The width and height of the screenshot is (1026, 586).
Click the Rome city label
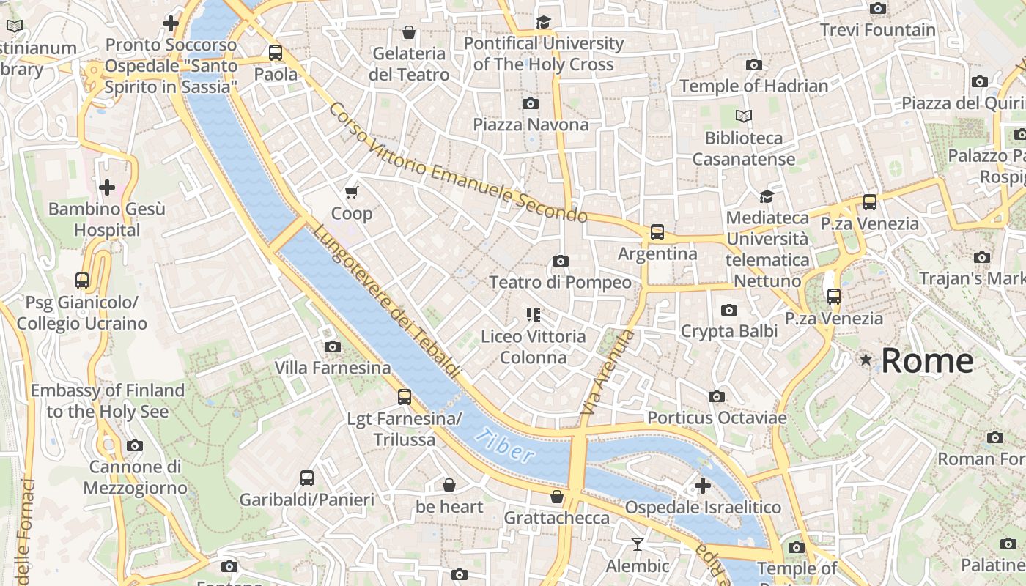(927, 360)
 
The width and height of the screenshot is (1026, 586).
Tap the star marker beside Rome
(866, 360)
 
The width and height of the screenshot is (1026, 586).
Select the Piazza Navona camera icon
(531, 103)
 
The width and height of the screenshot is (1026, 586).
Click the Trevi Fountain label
(877, 30)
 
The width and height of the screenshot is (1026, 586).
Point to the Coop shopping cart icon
(352, 192)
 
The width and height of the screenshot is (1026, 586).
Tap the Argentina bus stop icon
(657, 232)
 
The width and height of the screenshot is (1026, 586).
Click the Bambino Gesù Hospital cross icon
(107, 188)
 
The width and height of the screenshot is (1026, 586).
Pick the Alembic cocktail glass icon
(637, 544)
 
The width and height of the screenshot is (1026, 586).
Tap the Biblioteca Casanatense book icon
(744, 116)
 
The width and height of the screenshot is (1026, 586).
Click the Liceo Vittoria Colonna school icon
(534, 315)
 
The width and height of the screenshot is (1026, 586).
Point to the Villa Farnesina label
(333, 368)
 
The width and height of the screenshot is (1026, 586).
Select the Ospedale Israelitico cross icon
(702, 486)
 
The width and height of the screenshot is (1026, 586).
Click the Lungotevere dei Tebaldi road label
(386, 302)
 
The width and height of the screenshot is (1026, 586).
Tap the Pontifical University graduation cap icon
(543, 22)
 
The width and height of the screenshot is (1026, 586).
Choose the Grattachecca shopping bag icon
(557, 497)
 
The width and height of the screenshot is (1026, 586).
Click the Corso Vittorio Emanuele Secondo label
(458, 164)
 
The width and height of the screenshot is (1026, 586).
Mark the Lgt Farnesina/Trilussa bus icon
(405, 397)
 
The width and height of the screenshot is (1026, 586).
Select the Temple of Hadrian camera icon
(753, 64)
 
